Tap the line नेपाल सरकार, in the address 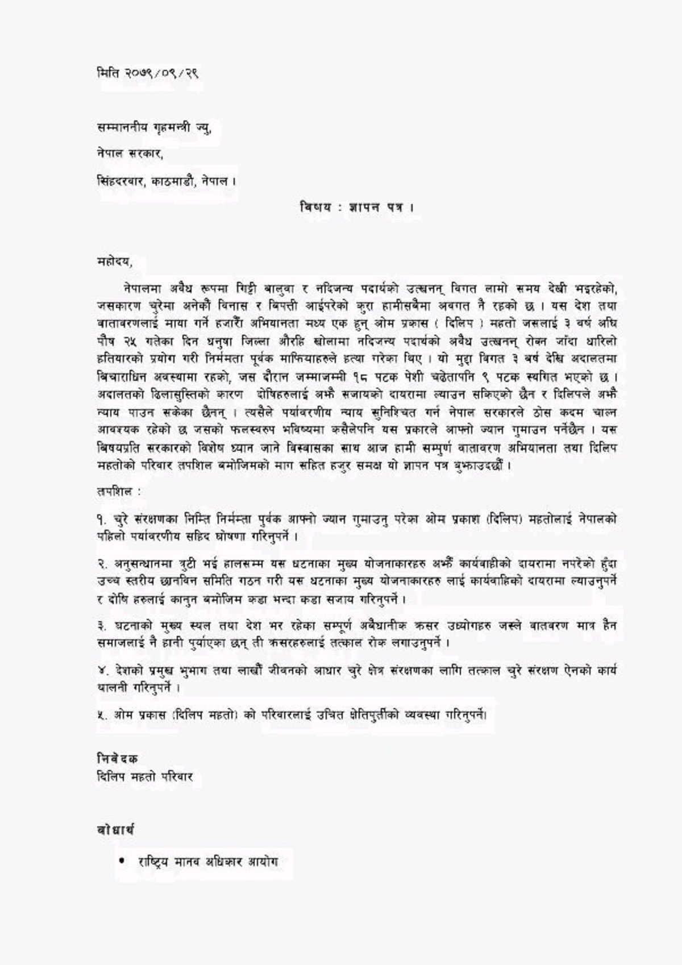point(130,154)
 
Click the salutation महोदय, point(114,262)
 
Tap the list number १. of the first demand point(101,519)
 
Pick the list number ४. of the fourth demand point(101,671)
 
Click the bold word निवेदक point(117,759)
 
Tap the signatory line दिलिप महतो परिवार point(145,777)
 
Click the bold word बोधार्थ point(115,830)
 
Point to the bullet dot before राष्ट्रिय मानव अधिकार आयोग point(122,862)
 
